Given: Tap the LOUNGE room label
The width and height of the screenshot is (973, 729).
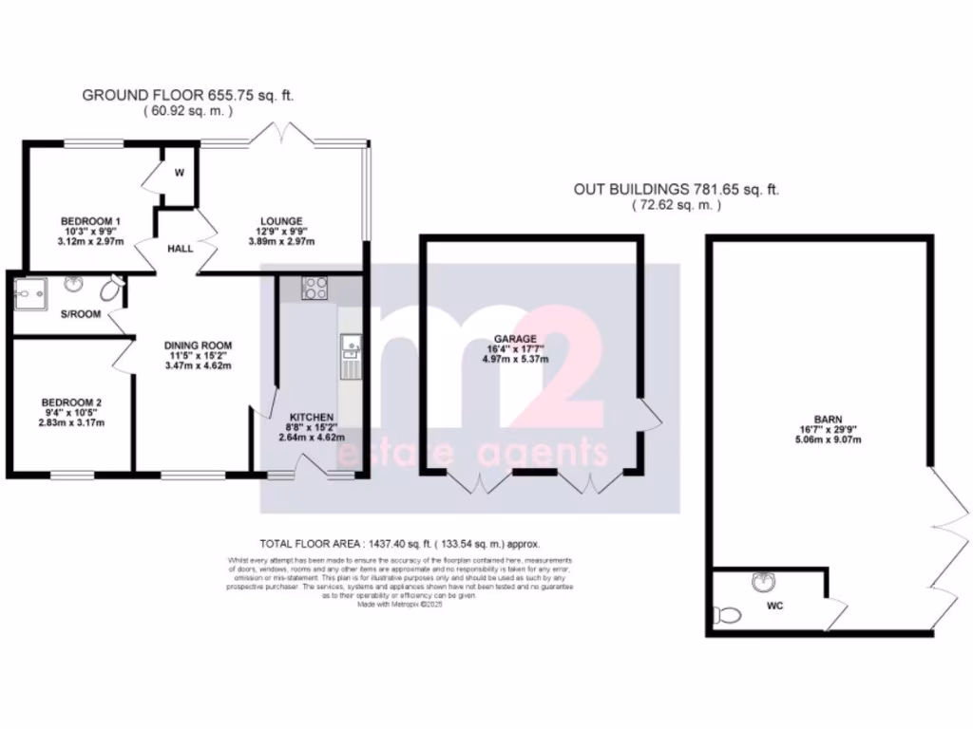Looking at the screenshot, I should tap(281, 219).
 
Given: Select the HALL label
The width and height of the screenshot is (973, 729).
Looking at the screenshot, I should tap(181, 248).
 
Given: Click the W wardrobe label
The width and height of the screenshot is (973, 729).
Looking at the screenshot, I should tap(179, 173).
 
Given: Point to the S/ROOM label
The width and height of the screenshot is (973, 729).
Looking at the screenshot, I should tap(82, 314).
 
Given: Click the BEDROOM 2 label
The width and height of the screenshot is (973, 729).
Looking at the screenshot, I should tap(71, 402).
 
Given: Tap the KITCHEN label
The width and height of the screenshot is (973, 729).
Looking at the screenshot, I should tap(312, 417).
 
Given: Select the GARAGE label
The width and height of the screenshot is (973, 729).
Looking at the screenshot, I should tap(515, 338).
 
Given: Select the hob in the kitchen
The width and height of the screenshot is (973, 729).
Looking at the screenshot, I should tap(315, 288).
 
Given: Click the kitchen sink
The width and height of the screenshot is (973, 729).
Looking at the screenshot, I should tap(350, 353).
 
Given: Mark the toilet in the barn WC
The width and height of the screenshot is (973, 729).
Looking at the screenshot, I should tap(730, 615).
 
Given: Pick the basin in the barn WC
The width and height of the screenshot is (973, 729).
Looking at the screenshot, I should tap(759, 580).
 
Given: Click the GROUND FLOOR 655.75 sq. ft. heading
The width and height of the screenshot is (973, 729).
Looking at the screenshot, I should tap(188, 94).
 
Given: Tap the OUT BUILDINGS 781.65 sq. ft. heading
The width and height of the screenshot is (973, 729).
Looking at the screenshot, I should tap(677, 189).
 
